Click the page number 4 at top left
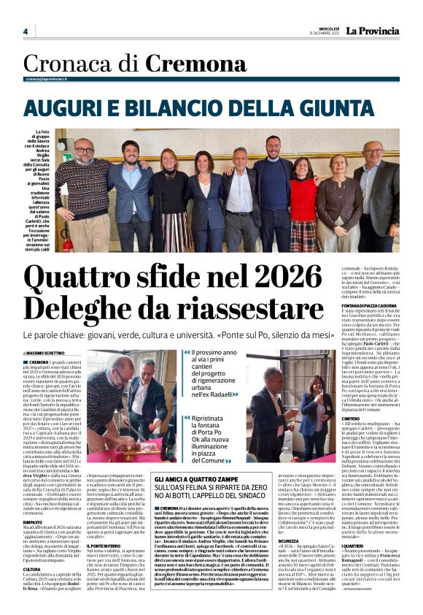[25, 31]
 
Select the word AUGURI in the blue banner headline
[64, 107]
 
